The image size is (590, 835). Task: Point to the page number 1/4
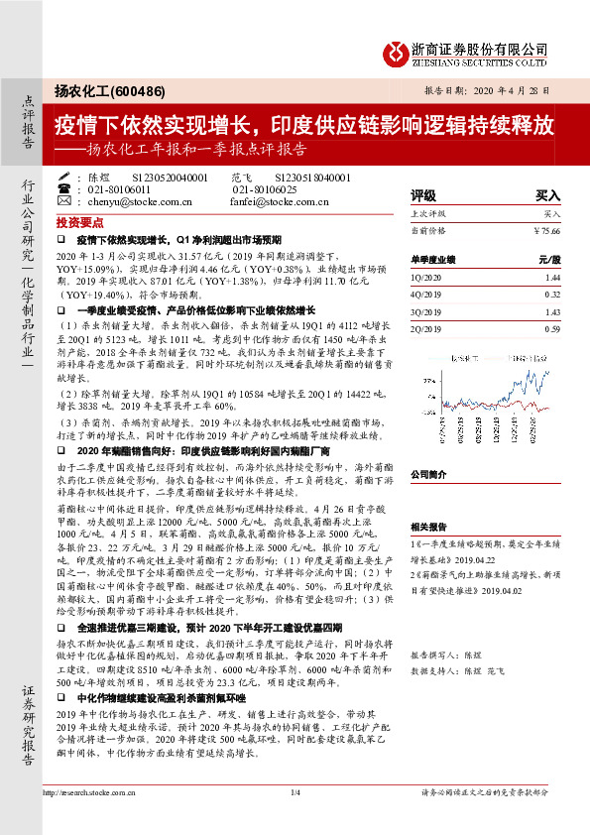295,791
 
